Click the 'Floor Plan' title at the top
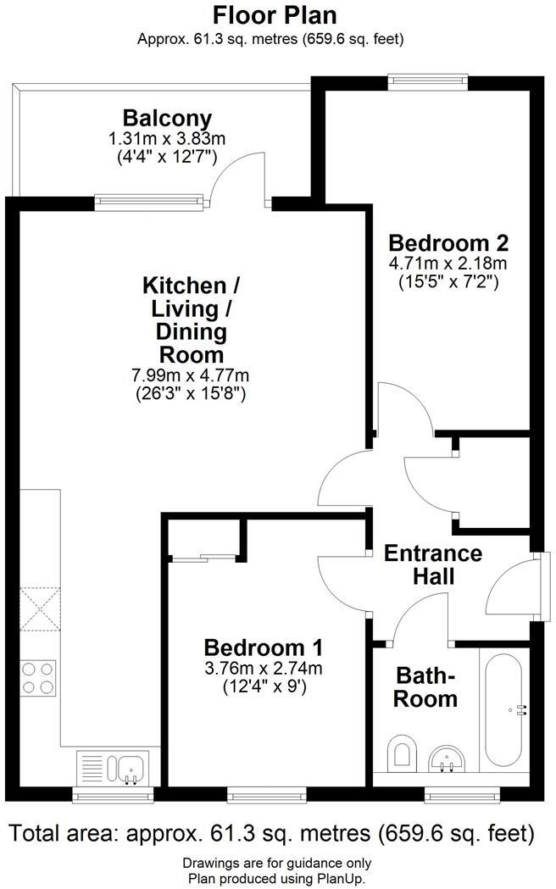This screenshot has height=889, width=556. pos(275,15)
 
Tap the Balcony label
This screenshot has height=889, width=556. pos(167,118)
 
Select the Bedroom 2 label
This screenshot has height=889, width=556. pos(448,243)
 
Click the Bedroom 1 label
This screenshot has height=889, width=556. pos(263,648)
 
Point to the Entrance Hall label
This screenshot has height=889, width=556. pos(433,565)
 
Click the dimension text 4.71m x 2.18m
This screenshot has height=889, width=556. pos(448,264)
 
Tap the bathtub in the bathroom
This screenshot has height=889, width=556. pos(503,709)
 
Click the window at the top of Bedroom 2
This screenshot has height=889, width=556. pos(428,81)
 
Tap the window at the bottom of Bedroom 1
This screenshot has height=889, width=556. pos(267,794)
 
